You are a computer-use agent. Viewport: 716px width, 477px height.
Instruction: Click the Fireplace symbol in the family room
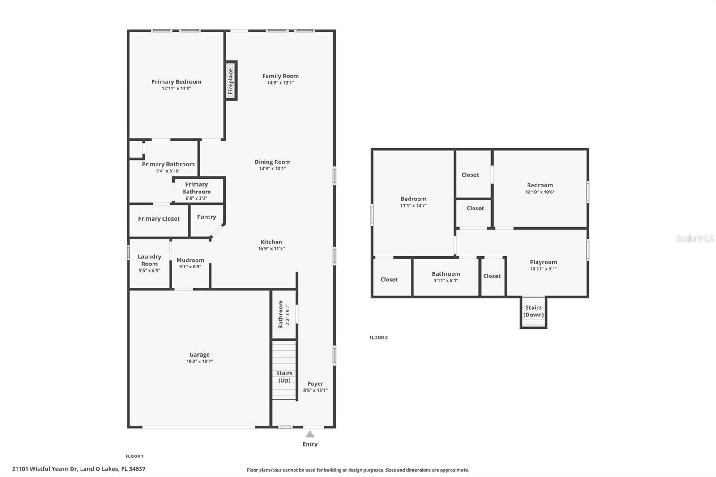pyautogui.click(x=230, y=81)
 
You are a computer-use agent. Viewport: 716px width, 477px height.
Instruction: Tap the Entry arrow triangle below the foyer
pyautogui.click(x=310, y=434)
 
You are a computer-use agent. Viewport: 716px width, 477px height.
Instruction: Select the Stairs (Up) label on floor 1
pyautogui.click(x=284, y=377)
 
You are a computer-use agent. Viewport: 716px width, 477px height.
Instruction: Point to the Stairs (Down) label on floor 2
pyautogui.click(x=533, y=311)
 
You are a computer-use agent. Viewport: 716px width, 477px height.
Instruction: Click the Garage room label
pyautogui.click(x=200, y=354)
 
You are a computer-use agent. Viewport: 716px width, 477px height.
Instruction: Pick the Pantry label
pyautogui.click(x=206, y=217)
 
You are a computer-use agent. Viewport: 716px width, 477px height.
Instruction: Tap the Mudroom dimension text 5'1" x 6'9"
pyautogui.click(x=190, y=267)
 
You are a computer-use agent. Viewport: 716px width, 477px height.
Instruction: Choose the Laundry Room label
pyautogui.click(x=149, y=260)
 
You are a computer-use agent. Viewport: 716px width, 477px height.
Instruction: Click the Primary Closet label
pyautogui.click(x=158, y=219)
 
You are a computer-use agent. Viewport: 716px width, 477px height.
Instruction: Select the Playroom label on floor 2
pyautogui.click(x=543, y=262)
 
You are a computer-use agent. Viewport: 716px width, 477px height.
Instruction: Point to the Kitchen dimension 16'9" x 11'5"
pyautogui.click(x=271, y=249)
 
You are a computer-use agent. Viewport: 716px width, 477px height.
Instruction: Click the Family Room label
pyautogui.click(x=281, y=76)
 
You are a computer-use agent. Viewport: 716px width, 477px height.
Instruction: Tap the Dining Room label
pyautogui.click(x=273, y=162)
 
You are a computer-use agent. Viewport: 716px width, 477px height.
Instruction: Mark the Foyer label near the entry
pyautogui.click(x=315, y=383)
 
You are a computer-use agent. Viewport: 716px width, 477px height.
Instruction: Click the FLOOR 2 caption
pyautogui.click(x=379, y=337)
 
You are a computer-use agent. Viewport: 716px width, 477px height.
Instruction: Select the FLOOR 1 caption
pyautogui.click(x=135, y=456)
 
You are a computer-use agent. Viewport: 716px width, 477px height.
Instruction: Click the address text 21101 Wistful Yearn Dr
pyautogui.click(x=45, y=469)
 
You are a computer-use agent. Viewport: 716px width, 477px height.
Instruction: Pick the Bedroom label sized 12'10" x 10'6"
pyautogui.click(x=540, y=185)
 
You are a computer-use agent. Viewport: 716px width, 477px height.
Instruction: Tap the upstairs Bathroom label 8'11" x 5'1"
pyautogui.click(x=446, y=274)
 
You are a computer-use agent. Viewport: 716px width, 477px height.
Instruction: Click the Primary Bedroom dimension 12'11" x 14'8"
pyautogui.click(x=176, y=89)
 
